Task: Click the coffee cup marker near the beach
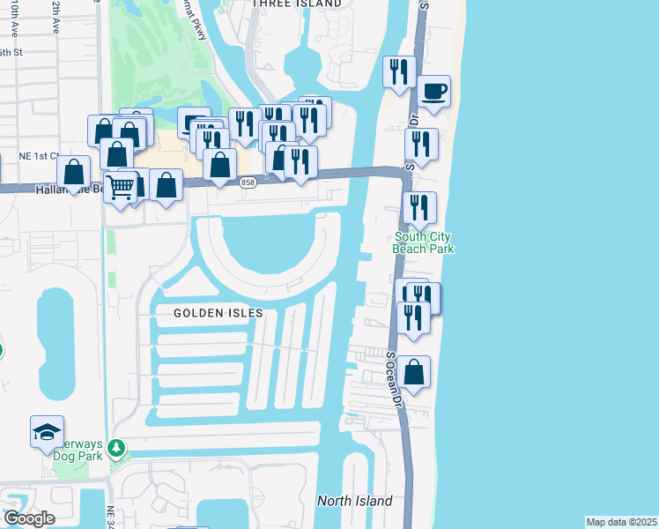[x=433, y=92]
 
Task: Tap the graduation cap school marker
[x=47, y=432]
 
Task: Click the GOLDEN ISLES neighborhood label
[x=212, y=313]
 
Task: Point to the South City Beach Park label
[x=424, y=242]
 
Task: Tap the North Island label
[x=354, y=501]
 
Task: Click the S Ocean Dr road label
[x=394, y=380]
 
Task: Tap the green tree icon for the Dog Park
[x=116, y=451]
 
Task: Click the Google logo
[x=29, y=518]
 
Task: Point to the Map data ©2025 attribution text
[x=621, y=522]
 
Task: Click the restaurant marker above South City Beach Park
[x=419, y=208]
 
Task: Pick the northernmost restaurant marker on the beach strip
[x=400, y=71]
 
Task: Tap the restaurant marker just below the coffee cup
[x=422, y=145]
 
